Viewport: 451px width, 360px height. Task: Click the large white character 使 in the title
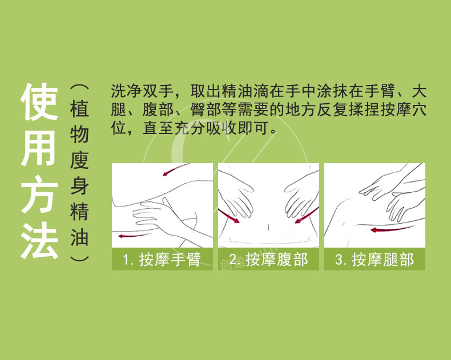tap(39, 102)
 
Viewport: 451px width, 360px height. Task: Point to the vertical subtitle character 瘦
tap(79, 160)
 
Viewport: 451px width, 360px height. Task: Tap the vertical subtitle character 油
tap(79, 237)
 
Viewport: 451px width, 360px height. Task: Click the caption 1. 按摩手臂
tap(162, 260)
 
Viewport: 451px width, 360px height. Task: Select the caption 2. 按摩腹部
tap(268, 260)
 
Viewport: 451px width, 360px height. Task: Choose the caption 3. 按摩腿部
tap(375, 260)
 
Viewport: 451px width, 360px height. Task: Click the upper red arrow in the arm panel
tap(175, 169)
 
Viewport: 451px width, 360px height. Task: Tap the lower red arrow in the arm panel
tap(134, 236)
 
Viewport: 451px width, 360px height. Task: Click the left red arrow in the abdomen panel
tap(229, 216)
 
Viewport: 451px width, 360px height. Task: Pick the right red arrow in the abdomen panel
tap(307, 215)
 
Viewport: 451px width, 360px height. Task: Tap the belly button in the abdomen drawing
tap(268, 227)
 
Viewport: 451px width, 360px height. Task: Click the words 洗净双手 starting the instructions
tap(142, 91)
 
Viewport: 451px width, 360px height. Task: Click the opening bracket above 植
tap(79, 88)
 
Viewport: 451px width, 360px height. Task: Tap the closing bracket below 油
tap(79, 258)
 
